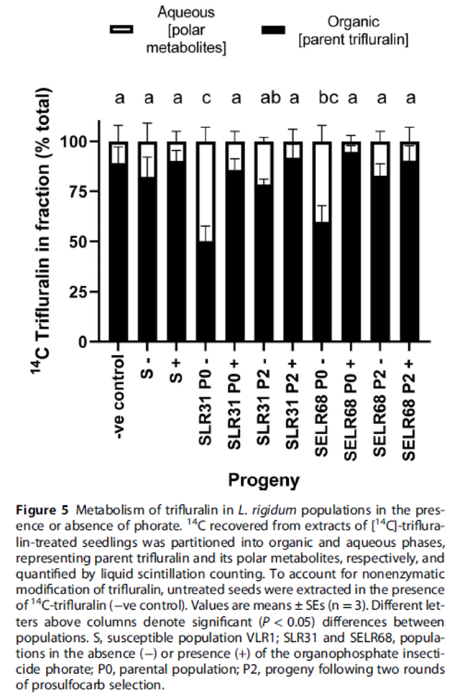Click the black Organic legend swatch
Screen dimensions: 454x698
(x=274, y=30)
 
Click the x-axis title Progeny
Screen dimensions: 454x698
(x=264, y=480)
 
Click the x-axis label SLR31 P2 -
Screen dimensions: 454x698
(x=264, y=401)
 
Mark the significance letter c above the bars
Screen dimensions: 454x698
(x=206, y=98)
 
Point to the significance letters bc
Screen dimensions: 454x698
(x=329, y=97)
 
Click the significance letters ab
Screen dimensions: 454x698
(x=270, y=97)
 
